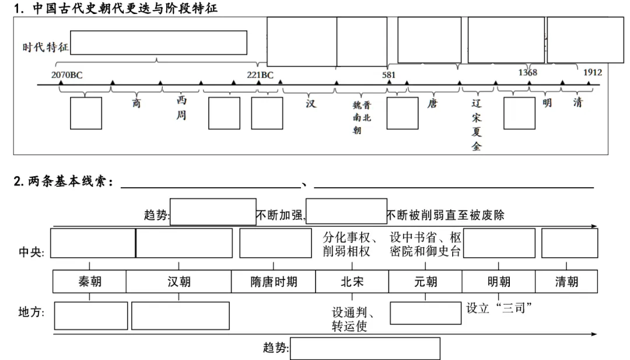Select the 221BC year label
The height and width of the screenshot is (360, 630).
[x=260, y=75]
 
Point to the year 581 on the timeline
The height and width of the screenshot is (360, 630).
[x=388, y=75]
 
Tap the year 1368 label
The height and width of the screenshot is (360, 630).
[x=527, y=73]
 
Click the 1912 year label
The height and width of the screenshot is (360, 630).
[x=593, y=73]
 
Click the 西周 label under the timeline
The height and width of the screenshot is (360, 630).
[x=181, y=109]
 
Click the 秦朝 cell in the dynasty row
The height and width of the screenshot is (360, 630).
[x=90, y=282]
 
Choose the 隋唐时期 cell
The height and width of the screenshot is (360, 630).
[x=274, y=282]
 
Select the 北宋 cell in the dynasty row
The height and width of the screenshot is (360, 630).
[x=352, y=282]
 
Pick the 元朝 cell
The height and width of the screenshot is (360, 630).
[x=425, y=282]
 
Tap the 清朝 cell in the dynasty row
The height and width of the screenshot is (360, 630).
[x=566, y=282]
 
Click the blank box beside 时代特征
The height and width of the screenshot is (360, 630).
[x=159, y=43]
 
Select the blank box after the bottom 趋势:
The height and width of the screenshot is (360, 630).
[x=365, y=348]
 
